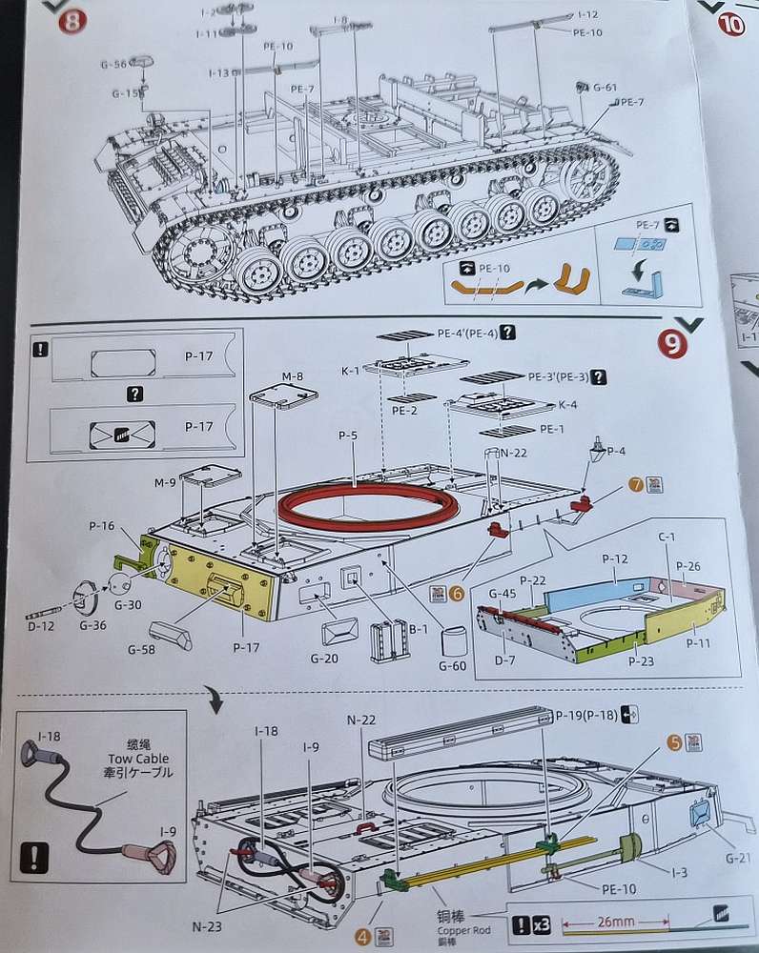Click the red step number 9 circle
tap(674, 345)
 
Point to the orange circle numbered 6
tap(458, 593)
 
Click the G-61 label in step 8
tap(605, 88)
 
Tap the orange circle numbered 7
tap(637, 483)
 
